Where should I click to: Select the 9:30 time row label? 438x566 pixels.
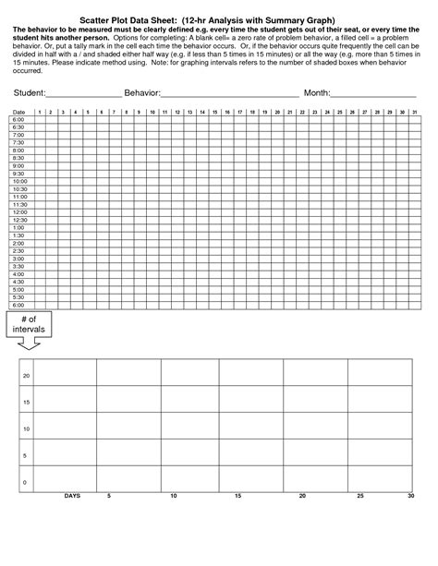point(18,174)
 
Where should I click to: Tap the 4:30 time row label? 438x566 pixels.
point(18,282)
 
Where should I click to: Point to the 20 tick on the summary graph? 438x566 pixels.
point(26,376)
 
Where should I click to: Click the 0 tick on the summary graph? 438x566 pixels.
point(26,482)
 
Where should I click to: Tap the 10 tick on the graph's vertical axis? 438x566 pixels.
point(26,429)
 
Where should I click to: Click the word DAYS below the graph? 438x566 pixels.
point(72,497)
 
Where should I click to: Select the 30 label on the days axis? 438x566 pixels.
point(409,497)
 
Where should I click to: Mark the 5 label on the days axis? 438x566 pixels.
point(109,497)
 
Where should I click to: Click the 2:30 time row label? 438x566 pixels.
point(18,251)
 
